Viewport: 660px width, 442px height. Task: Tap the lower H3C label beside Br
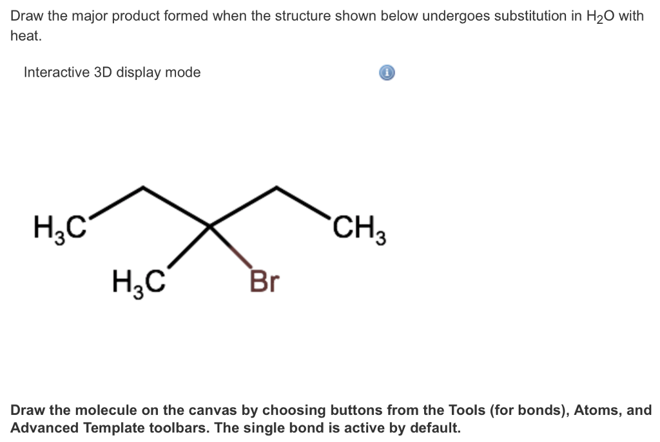pyautogui.click(x=138, y=282)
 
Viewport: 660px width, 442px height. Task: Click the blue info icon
pyautogui.click(x=386, y=73)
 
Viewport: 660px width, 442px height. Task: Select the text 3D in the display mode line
pyautogui.click(x=103, y=72)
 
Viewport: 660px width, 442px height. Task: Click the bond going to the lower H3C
pyautogui.click(x=191, y=244)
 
